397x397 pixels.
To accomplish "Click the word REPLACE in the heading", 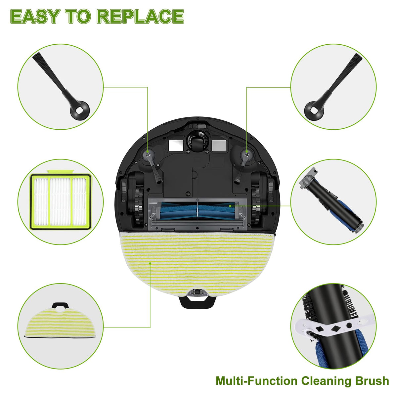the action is [140, 16].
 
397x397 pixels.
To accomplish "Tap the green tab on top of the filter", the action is [60, 171].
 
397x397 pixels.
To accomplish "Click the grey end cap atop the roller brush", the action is [307, 177].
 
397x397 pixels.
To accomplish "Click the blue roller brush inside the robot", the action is [198, 210].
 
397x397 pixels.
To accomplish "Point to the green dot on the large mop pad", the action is [150, 263].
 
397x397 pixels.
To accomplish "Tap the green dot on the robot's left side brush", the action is [148, 152].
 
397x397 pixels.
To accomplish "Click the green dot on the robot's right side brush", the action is [246, 152].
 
